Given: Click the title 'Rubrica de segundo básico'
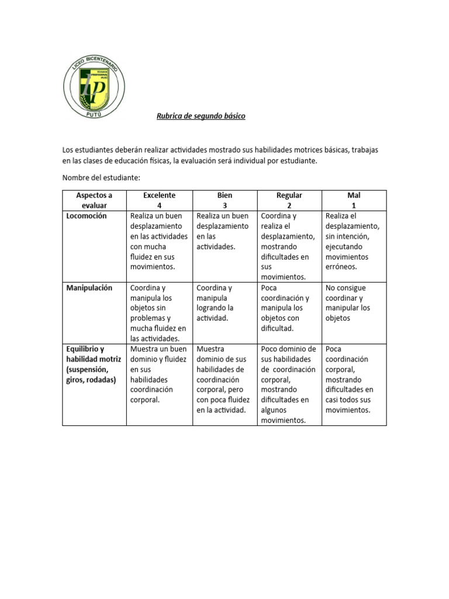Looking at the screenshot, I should (201, 116).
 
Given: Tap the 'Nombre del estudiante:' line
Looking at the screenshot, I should (101, 177).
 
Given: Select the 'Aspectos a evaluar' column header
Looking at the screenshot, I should (94, 200).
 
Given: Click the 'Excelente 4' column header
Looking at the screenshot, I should (159, 200).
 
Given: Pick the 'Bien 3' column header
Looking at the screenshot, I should (224, 200).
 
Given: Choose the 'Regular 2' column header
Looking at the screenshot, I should (289, 200).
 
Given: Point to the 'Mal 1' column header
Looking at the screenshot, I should (354, 200).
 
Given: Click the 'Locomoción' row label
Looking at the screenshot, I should (87, 216).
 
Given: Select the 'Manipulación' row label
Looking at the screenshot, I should (89, 288).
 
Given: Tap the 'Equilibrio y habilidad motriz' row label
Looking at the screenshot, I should (94, 364).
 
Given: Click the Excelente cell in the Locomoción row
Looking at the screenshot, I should (158, 241).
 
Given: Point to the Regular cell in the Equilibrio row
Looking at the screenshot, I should (289, 384).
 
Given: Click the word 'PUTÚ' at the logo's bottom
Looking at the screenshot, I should (94, 113).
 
